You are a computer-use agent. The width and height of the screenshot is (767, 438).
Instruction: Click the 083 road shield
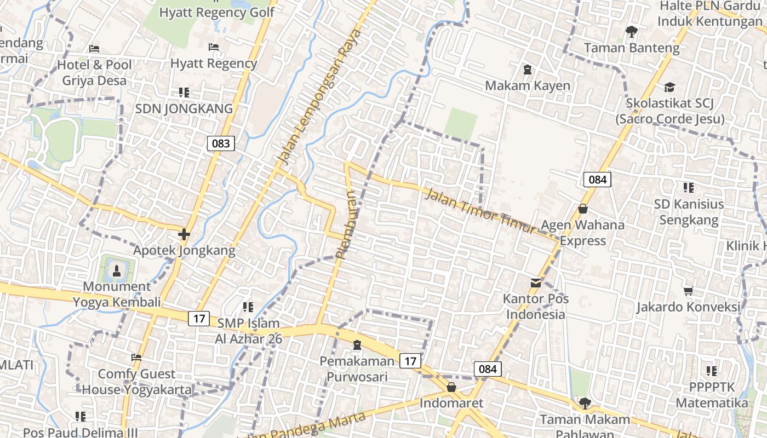[x=221, y=143]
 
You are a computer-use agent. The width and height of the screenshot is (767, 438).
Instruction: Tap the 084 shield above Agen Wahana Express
[x=597, y=179]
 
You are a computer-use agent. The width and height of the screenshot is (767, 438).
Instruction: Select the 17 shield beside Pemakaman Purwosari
[x=410, y=360]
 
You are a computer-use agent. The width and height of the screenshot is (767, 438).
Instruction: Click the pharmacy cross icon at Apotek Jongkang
[x=184, y=234]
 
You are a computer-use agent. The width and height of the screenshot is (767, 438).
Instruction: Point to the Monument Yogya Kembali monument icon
[x=116, y=270]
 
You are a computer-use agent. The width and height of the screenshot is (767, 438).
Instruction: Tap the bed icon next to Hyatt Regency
[x=214, y=48]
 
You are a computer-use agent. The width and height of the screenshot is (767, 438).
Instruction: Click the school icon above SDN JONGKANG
[x=184, y=93]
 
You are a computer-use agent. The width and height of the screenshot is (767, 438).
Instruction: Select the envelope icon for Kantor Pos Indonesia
[x=536, y=283]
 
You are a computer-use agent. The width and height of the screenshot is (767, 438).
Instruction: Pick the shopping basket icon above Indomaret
[x=451, y=387]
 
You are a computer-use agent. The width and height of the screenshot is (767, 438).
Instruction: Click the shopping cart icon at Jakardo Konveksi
[x=688, y=291]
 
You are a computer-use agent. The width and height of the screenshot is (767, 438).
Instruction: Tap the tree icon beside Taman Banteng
[x=632, y=32]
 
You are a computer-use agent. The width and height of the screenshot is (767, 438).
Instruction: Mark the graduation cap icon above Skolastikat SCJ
[x=669, y=87]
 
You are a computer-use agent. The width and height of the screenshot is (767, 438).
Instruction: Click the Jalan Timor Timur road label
[x=481, y=211]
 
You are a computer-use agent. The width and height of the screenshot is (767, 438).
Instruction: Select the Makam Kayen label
[x=528, y=85]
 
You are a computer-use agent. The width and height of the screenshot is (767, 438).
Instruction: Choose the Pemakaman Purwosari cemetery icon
[x=357, y=344]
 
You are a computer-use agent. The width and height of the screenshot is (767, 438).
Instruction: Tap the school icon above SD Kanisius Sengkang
[x=689, y=188]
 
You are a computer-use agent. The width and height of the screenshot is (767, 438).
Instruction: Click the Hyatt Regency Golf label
[x=217, y=13]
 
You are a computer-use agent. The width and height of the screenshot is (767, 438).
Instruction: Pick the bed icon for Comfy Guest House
[x=136, y=358]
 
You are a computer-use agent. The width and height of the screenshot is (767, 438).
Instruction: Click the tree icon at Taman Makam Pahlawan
[x=585, y=403]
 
